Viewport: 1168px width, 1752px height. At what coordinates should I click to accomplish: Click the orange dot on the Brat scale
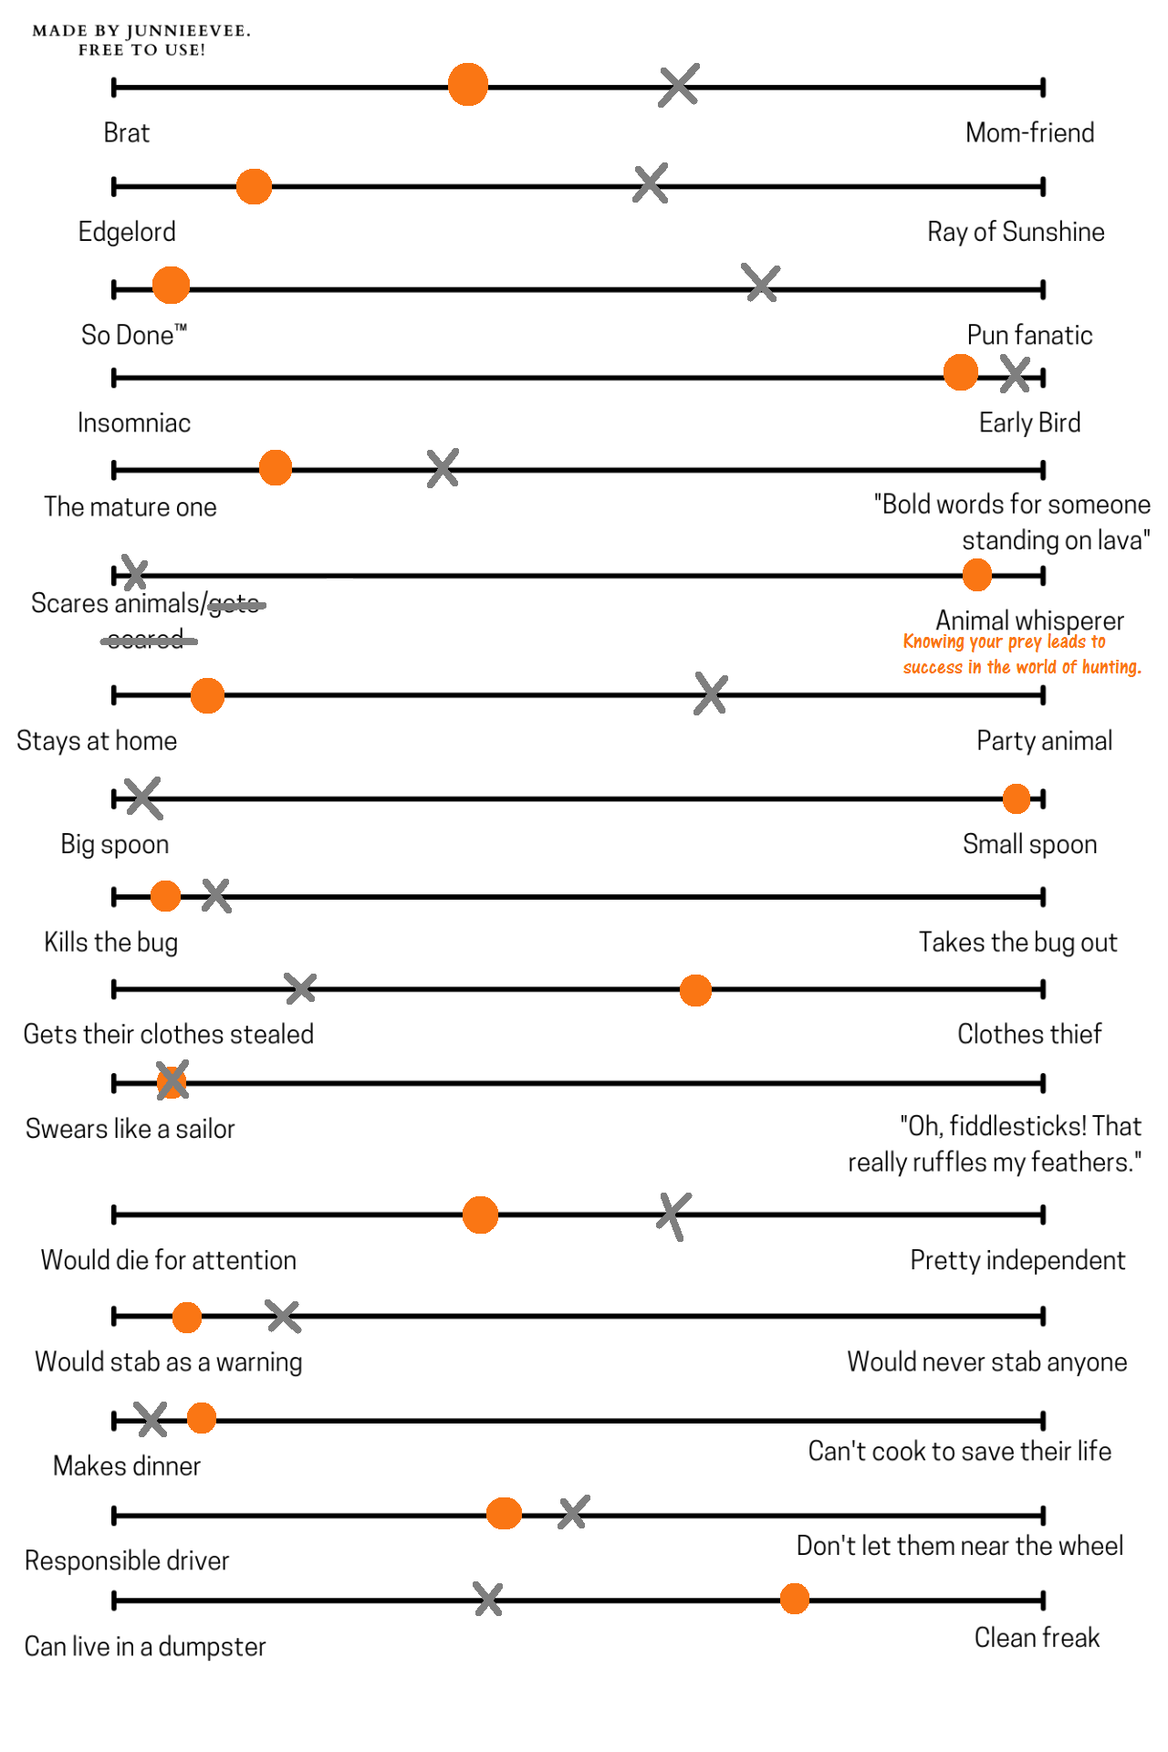pyautogui.click(x=468, y=85)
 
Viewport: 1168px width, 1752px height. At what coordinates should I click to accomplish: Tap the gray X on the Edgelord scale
pyautogui.click(x=650, y=183)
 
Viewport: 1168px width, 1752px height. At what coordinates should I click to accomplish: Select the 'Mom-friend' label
pyautogui.click(x=1029, y=133)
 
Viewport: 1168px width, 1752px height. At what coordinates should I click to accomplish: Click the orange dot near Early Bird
pyautogui.click(x=960, y=372)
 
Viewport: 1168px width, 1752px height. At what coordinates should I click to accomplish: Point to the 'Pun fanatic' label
pyautogui.click(x=1029, y=336)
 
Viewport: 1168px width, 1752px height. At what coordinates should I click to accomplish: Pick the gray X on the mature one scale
pyautogui.click(x=443, y=468)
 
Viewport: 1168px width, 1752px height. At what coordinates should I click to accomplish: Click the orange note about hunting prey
pyautogui.click(x=1021, y=654)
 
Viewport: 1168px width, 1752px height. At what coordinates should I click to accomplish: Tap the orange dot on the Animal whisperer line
pyautogui.click(x=976, y=575)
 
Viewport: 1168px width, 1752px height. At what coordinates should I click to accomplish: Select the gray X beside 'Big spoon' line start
pyautogui.click(x=143, y=798)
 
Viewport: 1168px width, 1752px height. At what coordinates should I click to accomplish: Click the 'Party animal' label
pyautogui.click(x=1044, y=741)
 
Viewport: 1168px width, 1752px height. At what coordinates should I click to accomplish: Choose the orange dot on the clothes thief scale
pyautogui.click(x=695, y=990)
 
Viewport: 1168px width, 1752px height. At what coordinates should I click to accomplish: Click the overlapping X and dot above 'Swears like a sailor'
pyautogui.click(x=172, y=1081)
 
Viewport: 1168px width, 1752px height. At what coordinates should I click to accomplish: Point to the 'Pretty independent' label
pyautogui.click(x=1017, y=1260)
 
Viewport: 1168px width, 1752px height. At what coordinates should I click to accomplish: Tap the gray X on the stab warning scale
pyautogui.click(x=283, y=1316)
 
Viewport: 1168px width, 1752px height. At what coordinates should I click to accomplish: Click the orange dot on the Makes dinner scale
pyautogui.click(x=202, y=1418)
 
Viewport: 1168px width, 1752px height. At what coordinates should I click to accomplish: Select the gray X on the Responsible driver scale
pyautogui.click(x=573, y=1512)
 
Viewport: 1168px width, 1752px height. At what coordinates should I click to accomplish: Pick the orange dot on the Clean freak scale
pyautogui.click(x=795, y=1599)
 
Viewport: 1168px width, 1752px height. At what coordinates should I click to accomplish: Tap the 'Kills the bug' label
pyautogui.click(x=111, y=942)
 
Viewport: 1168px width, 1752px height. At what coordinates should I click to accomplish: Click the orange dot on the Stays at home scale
pyautogui.click(x=207, y=695)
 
